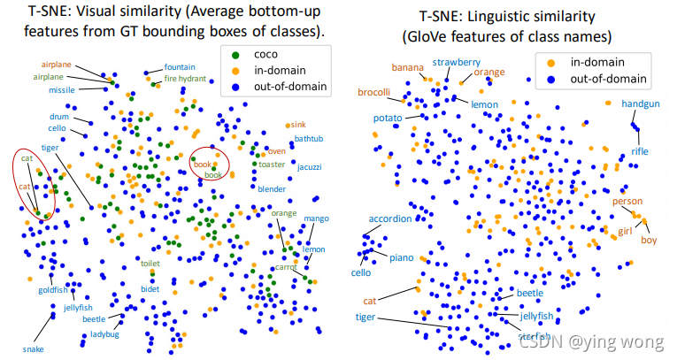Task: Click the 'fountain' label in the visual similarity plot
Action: click(180, 67)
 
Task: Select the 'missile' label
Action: click(62, 90)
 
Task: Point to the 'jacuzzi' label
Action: click(310, 166)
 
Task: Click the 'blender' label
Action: click(272, 189)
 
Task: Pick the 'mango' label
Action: click(316, 218)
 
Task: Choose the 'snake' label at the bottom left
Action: click(34, 349)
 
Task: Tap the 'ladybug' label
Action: click(104, 334)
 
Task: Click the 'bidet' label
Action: click(150, 289)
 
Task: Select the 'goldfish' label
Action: click(52, 290)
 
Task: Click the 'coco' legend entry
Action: click(267, 52)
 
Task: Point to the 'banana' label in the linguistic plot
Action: click(408, 67)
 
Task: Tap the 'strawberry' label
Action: click(457, 63)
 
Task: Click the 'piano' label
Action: click(402, 257)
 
